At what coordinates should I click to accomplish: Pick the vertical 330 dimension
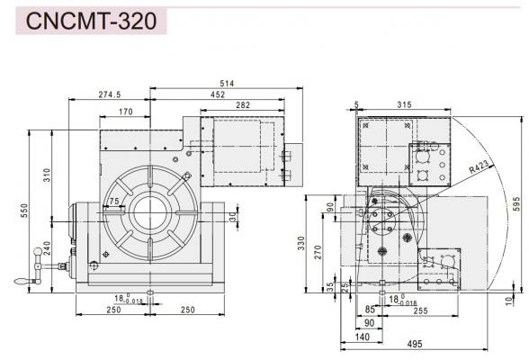click(x=315, y=244)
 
